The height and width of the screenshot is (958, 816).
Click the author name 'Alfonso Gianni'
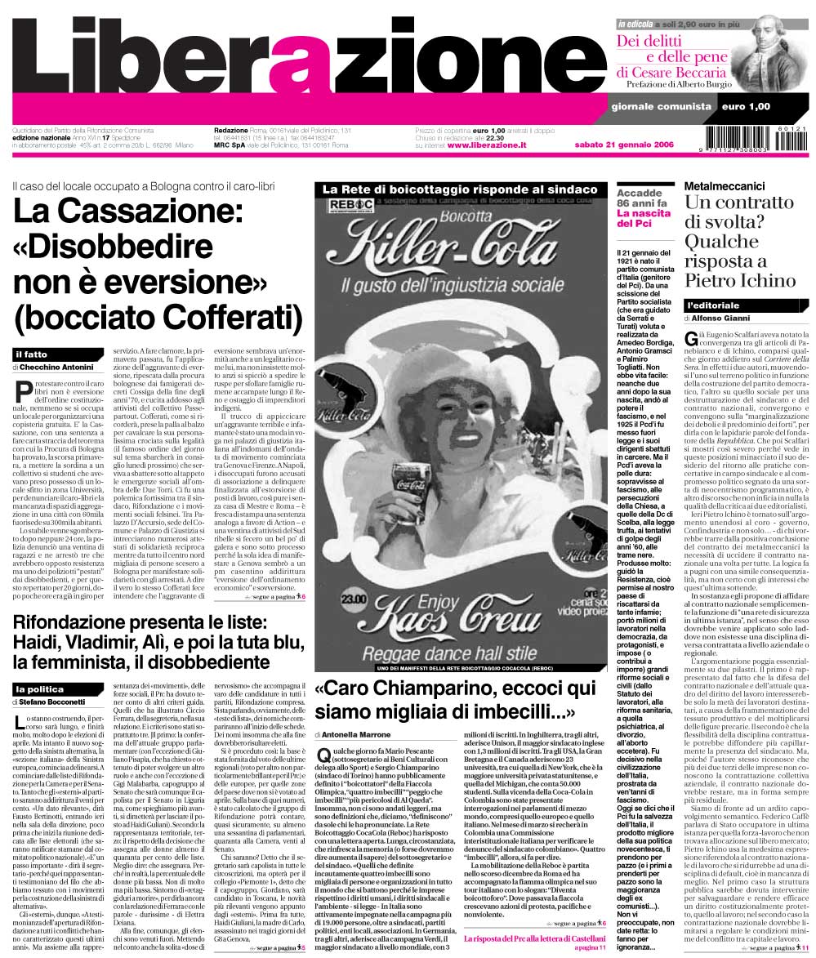click(725, 319)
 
